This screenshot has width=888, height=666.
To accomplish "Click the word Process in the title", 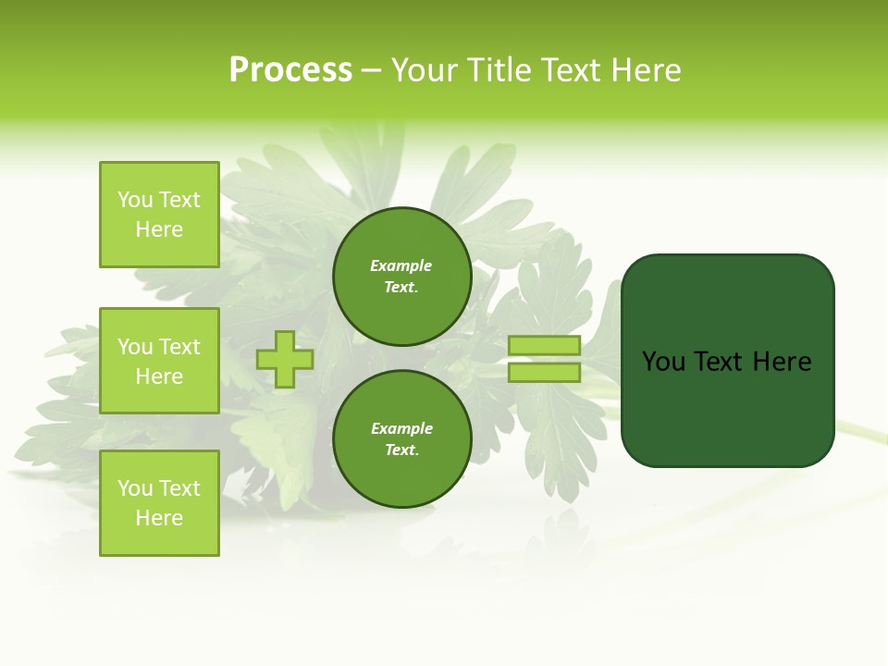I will coord(290,69).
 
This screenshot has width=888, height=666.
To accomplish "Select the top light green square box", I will coord(159,215).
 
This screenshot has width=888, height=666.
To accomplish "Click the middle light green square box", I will coord(159,361).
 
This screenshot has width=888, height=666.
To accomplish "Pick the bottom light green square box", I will coord(159,503).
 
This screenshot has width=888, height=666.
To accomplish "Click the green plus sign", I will coord(285,359).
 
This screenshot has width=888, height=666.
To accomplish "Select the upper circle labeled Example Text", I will coord(401,277).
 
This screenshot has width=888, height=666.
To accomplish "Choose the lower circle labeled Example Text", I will coord(401,438).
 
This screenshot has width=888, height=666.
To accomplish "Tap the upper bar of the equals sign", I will coord(544,345).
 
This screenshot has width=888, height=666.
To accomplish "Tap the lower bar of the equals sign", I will coord(544,373).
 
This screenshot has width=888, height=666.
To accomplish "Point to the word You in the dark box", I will coord(664,362).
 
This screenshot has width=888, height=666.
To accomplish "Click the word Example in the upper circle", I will coord(401,265).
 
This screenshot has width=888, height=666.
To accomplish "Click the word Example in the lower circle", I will coord(401,428).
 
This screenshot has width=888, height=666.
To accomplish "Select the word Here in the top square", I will coord(159,229).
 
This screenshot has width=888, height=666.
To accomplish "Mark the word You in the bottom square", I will coord(135,488).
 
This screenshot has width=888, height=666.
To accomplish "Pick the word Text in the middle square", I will coord(179,347).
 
